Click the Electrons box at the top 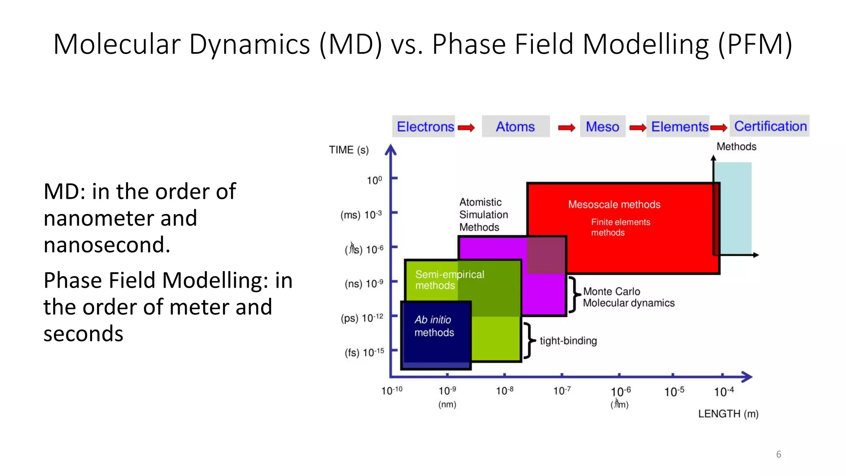pyautogui.click(x=425, y=126)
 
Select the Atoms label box pyautogui.click(x=515, y=126)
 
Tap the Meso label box pyautogui.click(x=602, y=126)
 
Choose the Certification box pyautogui.click(x=770, y=126)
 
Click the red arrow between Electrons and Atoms pyautogui.click(x=466, y=128)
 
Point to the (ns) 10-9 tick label pyautogui.click(x=364, y=283)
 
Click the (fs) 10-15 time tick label pyautogui.click(x=364, y=352)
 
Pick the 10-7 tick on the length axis pyautogui.click(x=562, y=390)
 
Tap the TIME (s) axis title pyautogui.click(x=349, y=150)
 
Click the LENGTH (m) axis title pyautogui.click(x=728, y=414)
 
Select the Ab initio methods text pyautogui.click(x=434, y=326)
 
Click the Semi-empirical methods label pyautogui.click(x=449, y=280)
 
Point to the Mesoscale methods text pyautogui.click(x=614, y=204)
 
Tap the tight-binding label pyautogui.click(x=568, y=340)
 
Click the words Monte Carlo pyautogui.click(x=611, y=291)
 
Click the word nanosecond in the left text pyautogui.click(x=106, y=245)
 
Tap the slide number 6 pyautogui.click(x=778, y=454)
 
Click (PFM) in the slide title pyautogui.click(x=755, y=44)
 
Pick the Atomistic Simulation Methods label pyautogui.click(x=483, y=214)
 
